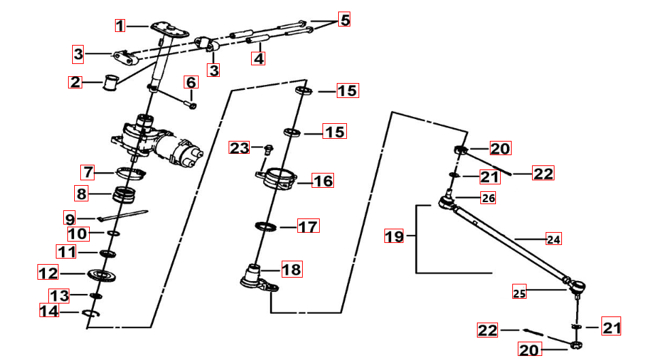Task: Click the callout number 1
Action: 120,26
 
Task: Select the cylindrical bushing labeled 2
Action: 110,83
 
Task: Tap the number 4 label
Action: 259,59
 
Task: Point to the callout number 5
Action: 345,20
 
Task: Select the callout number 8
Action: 81,194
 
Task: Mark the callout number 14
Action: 49,312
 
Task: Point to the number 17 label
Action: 308,226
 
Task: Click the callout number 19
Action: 394,237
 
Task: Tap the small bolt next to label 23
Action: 267,148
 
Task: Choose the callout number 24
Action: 554,239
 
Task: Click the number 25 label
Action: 520,293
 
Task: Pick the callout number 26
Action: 488,198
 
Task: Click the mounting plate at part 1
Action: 169,27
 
